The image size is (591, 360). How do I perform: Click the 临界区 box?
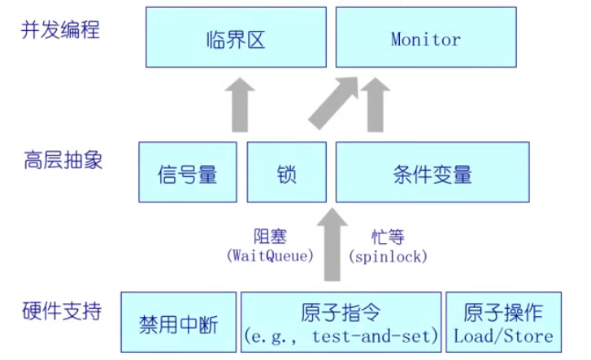coord(237,38)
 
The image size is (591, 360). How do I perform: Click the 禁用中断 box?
coord(180,323)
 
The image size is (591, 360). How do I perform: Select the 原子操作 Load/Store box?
coord(503,323)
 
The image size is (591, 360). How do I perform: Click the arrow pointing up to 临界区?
coord(237,103)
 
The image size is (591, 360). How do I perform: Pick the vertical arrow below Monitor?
coord(376,103)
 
